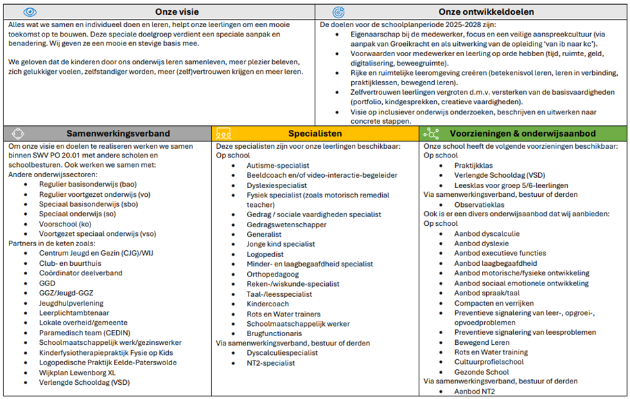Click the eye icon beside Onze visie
pos(30,11)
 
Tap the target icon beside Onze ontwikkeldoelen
pos(338,11)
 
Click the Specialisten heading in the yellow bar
pos(315,133)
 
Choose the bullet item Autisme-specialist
pos(278,165)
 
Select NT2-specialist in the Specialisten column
pos(271,363)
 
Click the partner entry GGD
pos(48,283)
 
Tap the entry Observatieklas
pos(479,204)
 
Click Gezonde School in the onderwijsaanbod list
pos(481,373)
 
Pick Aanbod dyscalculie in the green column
pos(487,234)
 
